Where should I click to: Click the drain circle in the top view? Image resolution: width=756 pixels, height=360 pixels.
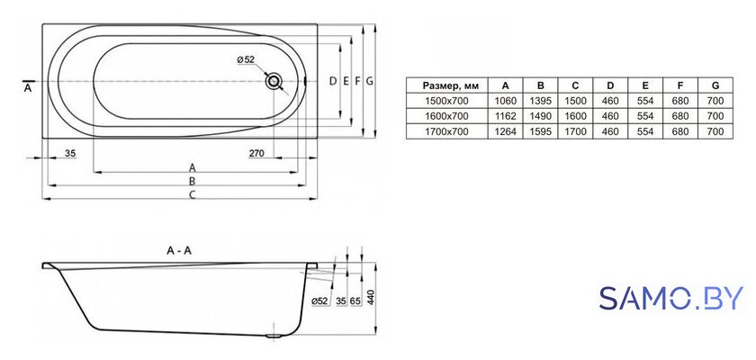click(274, 81)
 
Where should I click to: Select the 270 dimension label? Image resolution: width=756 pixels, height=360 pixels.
click(256, 154)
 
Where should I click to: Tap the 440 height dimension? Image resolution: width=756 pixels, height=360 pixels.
click(370, 299)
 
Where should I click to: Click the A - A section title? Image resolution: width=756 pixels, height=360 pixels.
click(179, 250)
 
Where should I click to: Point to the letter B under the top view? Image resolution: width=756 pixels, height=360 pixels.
click(192, 181)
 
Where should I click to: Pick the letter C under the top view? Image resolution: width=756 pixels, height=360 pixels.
click(192, 194)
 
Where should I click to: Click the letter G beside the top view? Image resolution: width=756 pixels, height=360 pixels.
click(369, 81)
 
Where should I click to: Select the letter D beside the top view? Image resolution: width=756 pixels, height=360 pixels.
click(332, 81)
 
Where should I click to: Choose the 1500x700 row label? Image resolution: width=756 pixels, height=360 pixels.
click(447, 101)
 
